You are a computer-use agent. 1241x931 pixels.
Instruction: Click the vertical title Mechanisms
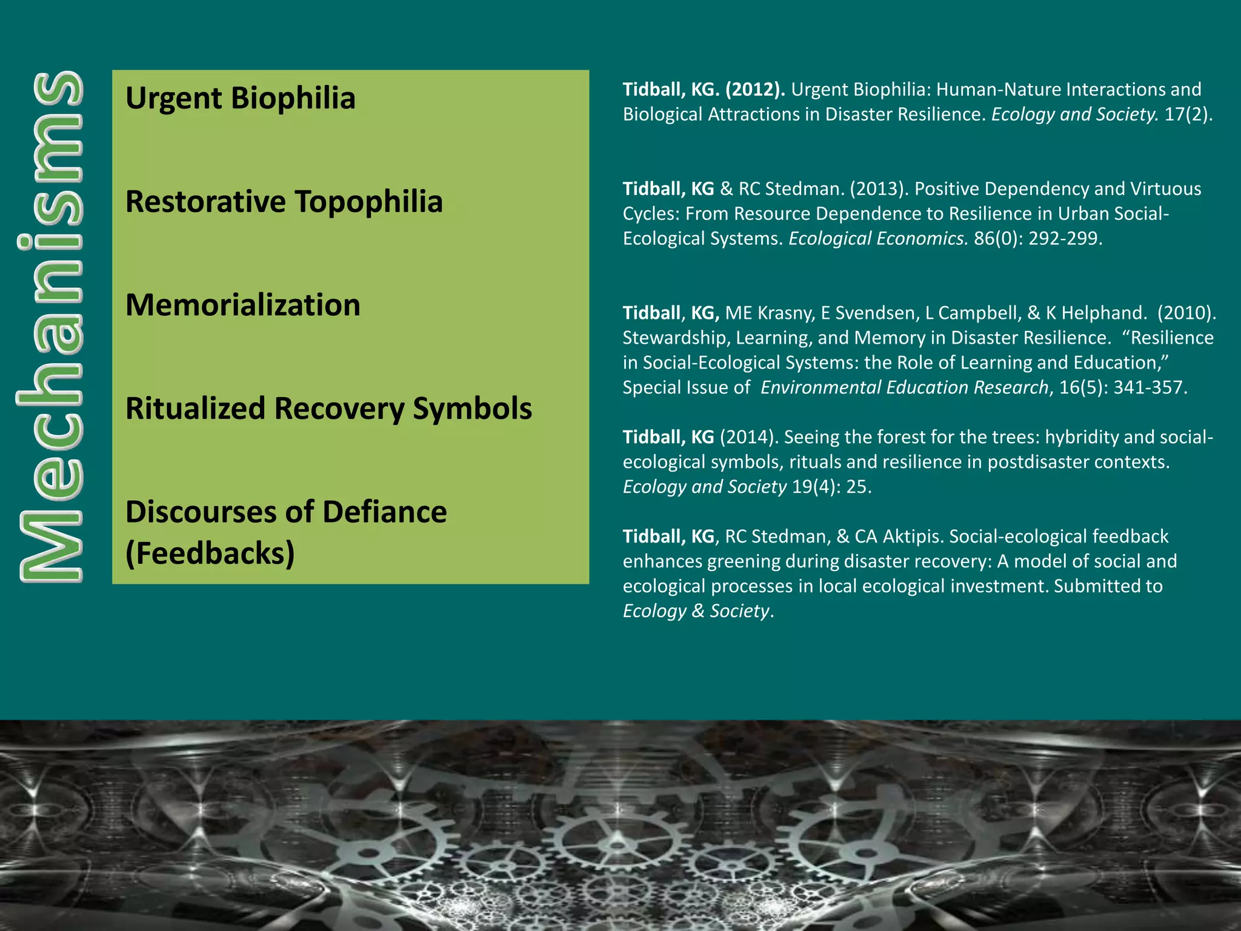tap(50, 327)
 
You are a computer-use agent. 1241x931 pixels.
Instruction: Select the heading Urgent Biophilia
tap(240, 98)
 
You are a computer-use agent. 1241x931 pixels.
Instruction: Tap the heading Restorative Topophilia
tap(284, 202)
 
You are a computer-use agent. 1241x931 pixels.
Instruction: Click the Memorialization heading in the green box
tap(242, 305)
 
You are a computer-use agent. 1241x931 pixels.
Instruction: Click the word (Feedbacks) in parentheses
tap(210, 553)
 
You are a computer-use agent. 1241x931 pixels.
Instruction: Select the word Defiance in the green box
tap(385, 512)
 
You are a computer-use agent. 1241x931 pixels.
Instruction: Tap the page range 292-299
tap(1065, 239)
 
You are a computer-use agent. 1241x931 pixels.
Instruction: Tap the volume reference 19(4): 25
tap(831, 487)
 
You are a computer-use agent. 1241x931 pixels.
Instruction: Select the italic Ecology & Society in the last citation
tap(696, 611)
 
